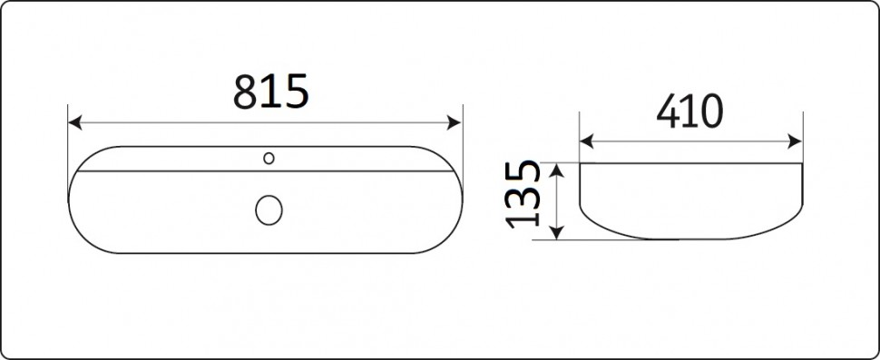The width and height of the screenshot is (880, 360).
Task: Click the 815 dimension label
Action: pos(270,92)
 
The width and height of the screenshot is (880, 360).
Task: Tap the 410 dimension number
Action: pos(689,111)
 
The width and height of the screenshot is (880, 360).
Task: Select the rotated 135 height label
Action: pos(523,195)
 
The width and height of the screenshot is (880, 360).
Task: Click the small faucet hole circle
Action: pos(269,159)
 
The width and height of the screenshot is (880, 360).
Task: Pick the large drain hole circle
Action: pos(269,210)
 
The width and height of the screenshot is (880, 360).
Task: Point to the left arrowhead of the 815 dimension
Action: pos(74,122)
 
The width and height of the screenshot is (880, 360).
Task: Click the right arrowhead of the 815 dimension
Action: pos(454,122)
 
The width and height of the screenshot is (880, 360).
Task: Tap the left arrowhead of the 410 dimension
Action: pos(586,141)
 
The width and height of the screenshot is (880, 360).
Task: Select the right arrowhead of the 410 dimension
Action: pos(796,141)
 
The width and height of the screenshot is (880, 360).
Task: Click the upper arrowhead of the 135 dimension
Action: pos(555,170)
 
